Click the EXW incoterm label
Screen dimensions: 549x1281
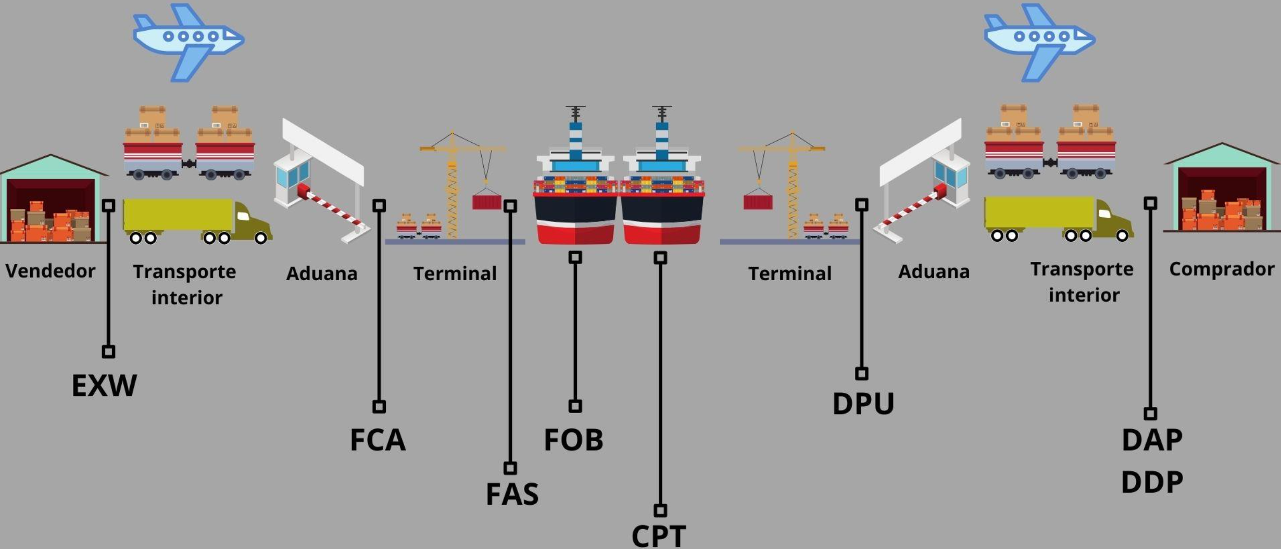pyautogui.click(x=104, y=386)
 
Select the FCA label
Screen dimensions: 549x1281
pyautogui.click(x=378, y=440)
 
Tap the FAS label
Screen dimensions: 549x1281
pyautogui.click(x=512, y=494)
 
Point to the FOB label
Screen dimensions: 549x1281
pyautogui.click(x=573, y=440)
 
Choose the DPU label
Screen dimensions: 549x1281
pyautogui.click(x=863, y=404)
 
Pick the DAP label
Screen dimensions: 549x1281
pyautogui.click(x=1152, y=440)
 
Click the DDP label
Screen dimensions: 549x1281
pyautogui.click(x=1152, y=482)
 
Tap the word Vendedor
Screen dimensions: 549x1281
pyautogui.click(x=51, y=271)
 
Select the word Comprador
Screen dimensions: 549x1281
pyautogui.click(x=1221, y=269)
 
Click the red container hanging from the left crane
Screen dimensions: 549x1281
pyautogui.click(x=486, y=202)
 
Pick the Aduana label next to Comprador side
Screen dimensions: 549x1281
pyautogui.click(x=934, y=272)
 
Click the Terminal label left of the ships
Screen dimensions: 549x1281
pyautogui.click(x=455, y=274)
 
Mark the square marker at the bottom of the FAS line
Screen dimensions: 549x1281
pyautogui.click(x=510, y=468)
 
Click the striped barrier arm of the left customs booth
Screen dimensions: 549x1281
pyautogui.click(x=333, y=208)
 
